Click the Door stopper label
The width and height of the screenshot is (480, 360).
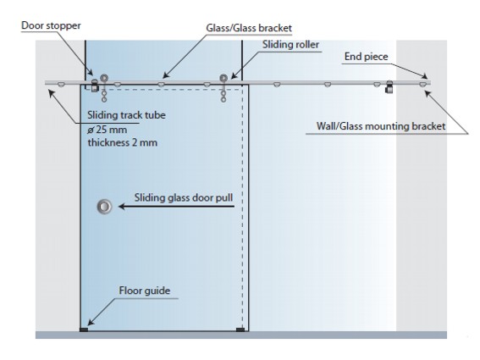point(51,25)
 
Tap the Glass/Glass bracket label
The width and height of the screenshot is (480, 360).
point(249,28)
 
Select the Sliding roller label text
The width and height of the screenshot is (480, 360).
point(290,45)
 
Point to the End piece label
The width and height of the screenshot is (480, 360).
point(366,57)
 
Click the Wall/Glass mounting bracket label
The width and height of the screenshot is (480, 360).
point(381,126)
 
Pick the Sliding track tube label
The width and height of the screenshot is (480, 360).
point(126,115)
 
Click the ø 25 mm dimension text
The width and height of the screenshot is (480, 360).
point(107,130)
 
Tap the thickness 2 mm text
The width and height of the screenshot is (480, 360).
point(123,143)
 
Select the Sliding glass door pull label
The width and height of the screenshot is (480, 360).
point(184,197)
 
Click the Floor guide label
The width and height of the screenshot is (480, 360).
point(145,291)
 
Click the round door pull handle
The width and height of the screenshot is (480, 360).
point(104,207)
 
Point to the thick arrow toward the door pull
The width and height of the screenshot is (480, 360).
point(176,207)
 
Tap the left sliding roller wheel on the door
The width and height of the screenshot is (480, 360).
point(104,78)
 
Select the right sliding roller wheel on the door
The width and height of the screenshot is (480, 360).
point(223,78)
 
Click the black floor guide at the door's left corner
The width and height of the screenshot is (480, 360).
point(84,330)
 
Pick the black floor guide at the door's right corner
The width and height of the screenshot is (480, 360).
point(240,330)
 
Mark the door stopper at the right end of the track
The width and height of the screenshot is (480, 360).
point(389,87)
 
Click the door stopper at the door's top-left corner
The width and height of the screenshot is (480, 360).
point(95,86)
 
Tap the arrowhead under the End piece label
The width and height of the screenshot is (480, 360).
point(425,76)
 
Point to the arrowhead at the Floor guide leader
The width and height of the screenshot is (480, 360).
point(91,322)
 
